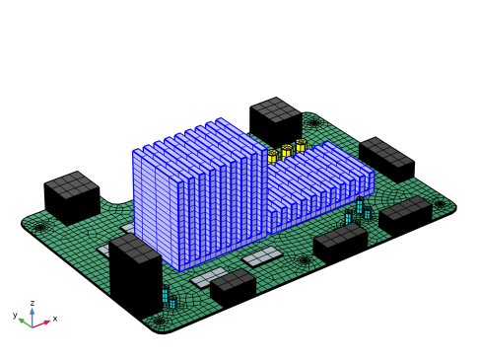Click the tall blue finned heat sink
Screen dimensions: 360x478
(x=197, y=192)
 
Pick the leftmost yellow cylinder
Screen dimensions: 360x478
(x=272, y=156)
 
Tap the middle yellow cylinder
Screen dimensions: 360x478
(x=286, y=151)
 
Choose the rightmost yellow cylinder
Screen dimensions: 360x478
(x=301, y=146)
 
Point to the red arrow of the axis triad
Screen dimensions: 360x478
(x=43, y=322)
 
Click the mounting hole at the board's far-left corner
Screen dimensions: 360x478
(x=40, y=227)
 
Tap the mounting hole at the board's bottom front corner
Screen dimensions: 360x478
(x=159, y=321)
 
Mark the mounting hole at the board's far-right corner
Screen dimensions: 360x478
(x=440, y=204)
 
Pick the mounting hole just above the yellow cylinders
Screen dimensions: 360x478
(x=314, y=122)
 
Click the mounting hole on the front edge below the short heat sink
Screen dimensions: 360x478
(x=306, y=260)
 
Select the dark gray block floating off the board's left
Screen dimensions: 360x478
(x=71, y=184)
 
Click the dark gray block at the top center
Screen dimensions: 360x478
(x=276, y=108)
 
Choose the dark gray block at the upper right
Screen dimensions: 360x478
(x=385, y=152)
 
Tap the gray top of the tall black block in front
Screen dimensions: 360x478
(x=135, y=249)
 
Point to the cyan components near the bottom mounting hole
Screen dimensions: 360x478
(x=169, y=297)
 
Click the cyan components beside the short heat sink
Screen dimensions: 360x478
(x=358, y=210)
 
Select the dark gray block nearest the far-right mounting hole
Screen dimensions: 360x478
(x=405, y=208)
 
